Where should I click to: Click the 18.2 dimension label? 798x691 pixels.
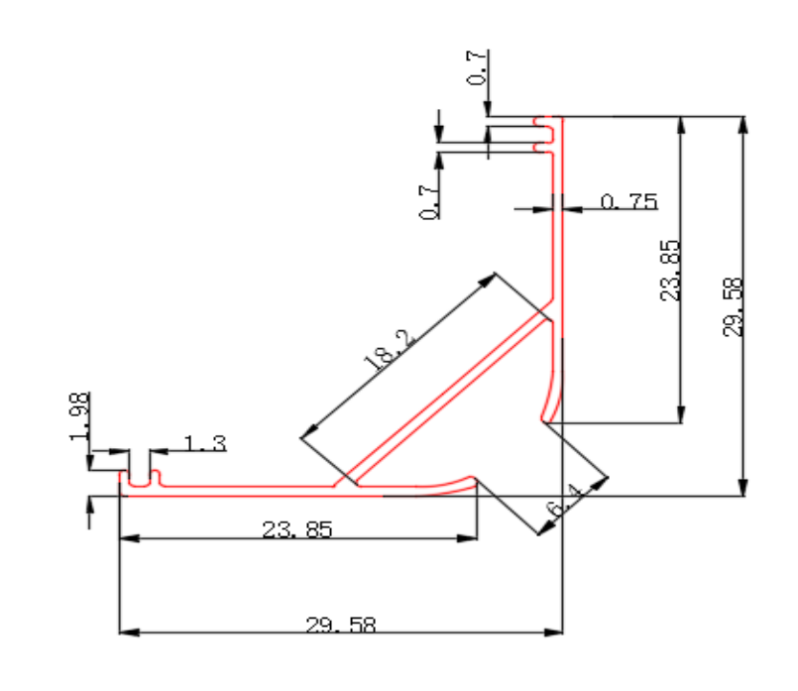pos(391,350)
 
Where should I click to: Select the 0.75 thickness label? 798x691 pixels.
pos(629,202)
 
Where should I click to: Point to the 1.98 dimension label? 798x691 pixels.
pos(80,416)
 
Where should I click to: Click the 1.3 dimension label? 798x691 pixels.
pos(204,444)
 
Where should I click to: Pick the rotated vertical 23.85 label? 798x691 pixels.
pos(670,271)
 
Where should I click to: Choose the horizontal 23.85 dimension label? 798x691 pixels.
pos(297,529)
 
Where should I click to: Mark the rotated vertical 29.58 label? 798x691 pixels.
pos(733,306)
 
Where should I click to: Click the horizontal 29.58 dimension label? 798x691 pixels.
pos(341,625)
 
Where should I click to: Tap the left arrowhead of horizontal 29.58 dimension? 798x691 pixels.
pos(129,633)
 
